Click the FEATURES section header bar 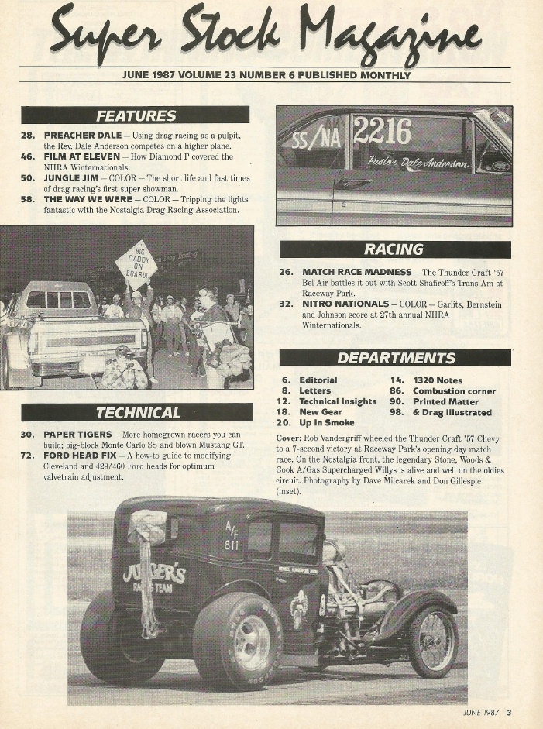click(x=135, y=115)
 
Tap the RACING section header click(x=394, y=249)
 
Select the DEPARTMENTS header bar click(x=394, y=358)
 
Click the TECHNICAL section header click(x=137, y=412)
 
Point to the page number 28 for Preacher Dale click(x=28, y=135)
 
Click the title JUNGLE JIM click(x=71, y=177)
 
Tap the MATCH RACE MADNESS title click(x=356, y=273)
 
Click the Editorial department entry click(x=318, y=380)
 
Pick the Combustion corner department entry click(x=454, y=391)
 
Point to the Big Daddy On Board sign click(x=136, y=264)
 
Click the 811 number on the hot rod click(x=232, y=545)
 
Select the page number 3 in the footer click(x=510, y=713)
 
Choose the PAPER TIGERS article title click(x=77, y=435)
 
